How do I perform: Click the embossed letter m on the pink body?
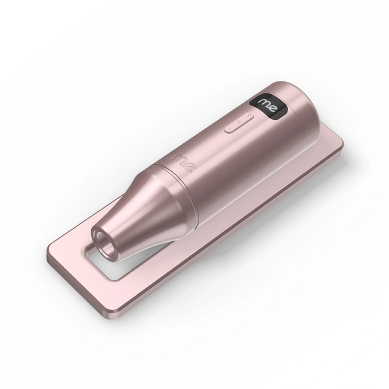pyautogui.click(x=176, y=157)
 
